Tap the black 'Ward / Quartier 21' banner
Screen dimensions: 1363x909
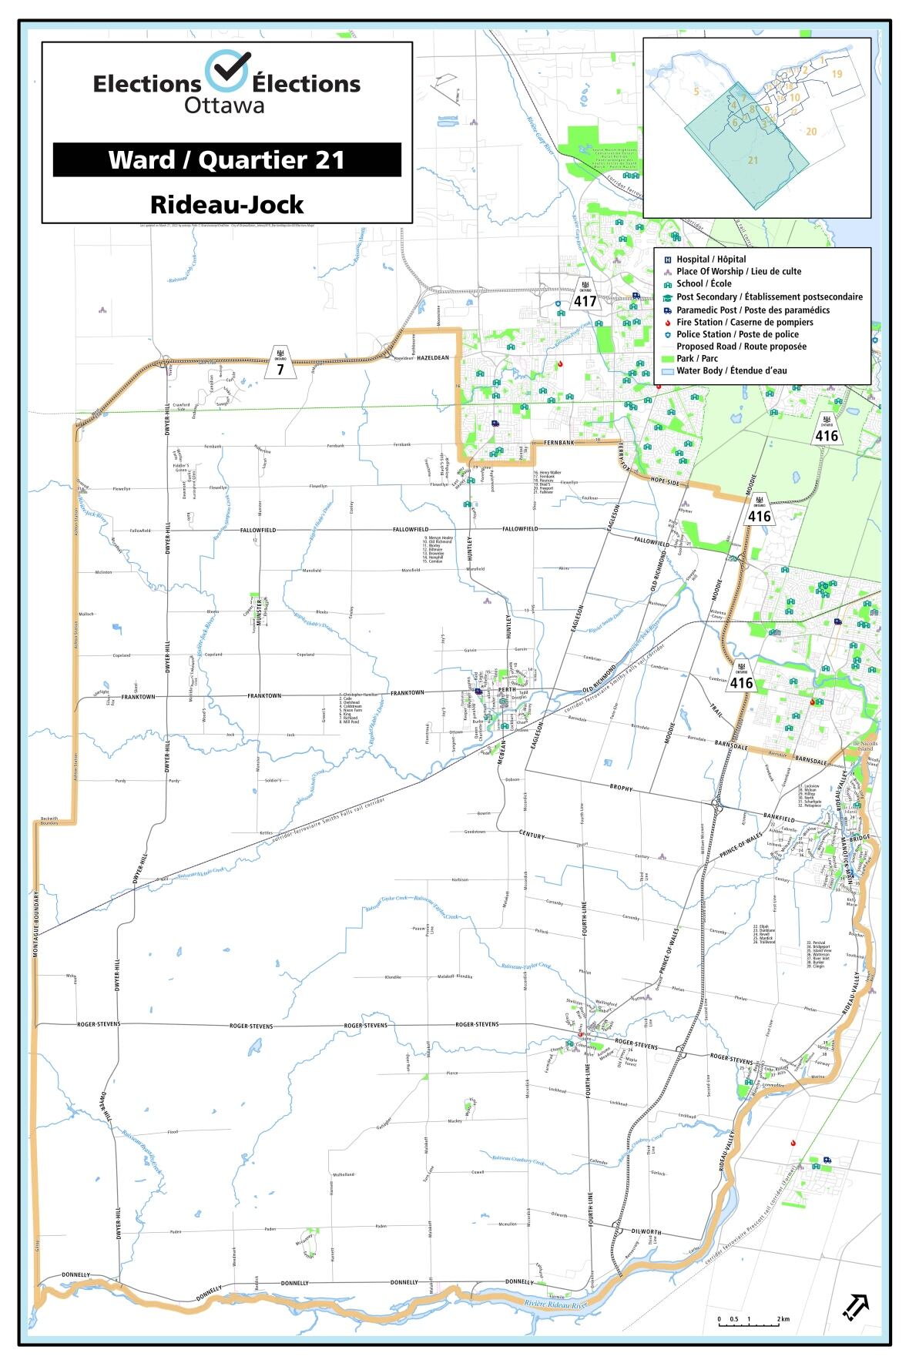pos(226,159)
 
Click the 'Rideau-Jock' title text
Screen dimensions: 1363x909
pos(226,205)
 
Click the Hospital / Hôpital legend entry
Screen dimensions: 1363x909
pos(710,260)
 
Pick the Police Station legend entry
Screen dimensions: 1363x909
pos(736,334)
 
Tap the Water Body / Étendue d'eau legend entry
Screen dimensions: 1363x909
pos(731,370)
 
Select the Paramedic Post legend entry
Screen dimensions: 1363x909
pos(752,310)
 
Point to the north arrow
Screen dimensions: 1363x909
pos(857,1306)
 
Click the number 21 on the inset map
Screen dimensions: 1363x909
pos(753,159)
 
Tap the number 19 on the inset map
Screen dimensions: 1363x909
pos(837,74)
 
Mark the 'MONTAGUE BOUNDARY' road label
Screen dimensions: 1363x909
pos(36,924)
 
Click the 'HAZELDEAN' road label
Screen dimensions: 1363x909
pos(432,358)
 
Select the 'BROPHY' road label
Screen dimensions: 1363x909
pos(621,789)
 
